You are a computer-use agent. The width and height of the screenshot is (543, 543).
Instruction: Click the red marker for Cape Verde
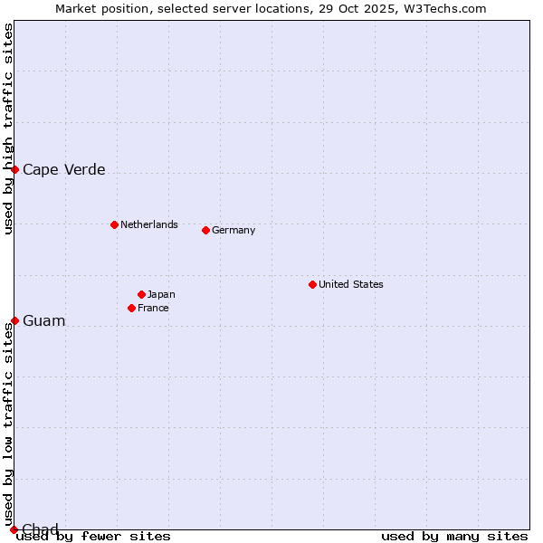(14, 169)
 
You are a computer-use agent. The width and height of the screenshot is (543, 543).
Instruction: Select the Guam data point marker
(14, 320)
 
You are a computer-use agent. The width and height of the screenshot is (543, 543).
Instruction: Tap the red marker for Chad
(14, 529)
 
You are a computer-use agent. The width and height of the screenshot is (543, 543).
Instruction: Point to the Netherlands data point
(114, 224)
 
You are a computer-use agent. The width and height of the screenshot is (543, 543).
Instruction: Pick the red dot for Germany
(205, 230)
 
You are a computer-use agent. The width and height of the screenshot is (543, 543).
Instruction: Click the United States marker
(312, 284)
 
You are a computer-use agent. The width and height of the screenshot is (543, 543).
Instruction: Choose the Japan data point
(141, 294)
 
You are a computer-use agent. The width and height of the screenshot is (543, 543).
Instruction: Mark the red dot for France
(131, 308)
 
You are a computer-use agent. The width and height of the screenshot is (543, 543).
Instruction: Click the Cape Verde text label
(63, 169)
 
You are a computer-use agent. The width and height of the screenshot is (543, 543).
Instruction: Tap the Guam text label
(43, 320)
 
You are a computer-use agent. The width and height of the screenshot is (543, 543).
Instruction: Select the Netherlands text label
(149, 224)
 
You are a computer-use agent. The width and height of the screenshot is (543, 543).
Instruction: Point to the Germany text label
(233, 230)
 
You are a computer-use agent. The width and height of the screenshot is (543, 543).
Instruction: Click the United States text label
(351, 284)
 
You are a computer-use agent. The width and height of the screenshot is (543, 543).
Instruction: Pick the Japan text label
(161, 294)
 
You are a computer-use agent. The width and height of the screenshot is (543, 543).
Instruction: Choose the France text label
(153, 308)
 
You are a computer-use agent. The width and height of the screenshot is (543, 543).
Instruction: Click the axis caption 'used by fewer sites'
(93, 536)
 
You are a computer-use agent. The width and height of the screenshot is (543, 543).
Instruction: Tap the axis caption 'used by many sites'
(454, 536)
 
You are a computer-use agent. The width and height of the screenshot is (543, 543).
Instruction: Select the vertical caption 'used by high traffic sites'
(9, 129)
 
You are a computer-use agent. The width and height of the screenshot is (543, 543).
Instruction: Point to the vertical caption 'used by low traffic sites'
(9, 425)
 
